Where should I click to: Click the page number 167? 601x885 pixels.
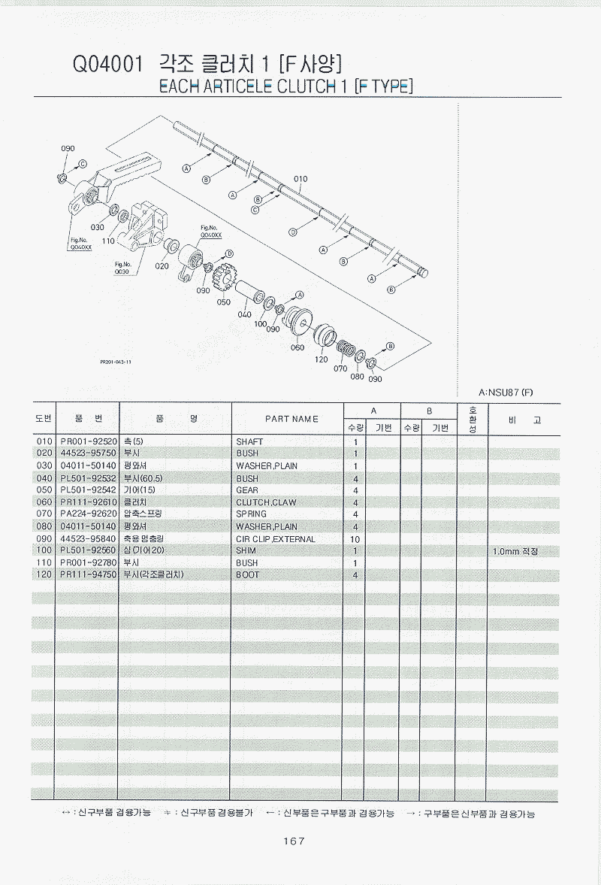293,841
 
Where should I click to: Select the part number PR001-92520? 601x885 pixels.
89,441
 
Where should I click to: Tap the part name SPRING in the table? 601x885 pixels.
251,514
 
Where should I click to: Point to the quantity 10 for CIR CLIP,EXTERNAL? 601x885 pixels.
355,539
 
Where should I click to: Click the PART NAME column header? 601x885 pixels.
291,419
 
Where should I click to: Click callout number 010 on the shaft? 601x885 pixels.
300,180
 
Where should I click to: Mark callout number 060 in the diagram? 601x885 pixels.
297,347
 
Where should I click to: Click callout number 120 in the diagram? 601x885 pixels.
322,359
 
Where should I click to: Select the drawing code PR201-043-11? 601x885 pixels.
116,362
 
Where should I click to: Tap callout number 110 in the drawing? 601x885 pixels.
107,241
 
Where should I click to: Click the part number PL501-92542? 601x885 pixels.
89,490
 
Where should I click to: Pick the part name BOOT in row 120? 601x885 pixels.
247,575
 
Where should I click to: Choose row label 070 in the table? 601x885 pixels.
44,514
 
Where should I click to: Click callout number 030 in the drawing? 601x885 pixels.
97,227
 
